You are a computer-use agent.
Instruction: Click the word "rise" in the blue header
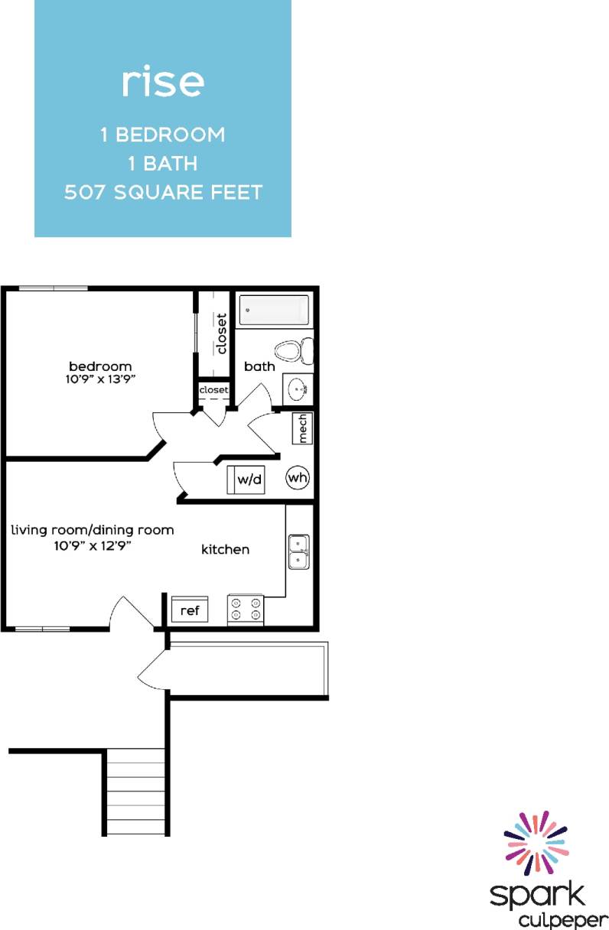tap(163, 82)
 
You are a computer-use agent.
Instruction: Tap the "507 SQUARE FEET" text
tap(163, 191)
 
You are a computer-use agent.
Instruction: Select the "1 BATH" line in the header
tap(163, 163)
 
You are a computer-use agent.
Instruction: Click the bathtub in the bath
tap(274, 311)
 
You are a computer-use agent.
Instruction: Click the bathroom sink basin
tap(297, 389)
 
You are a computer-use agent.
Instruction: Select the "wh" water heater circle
tap(298, 479)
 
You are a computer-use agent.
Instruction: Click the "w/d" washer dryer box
tap(246, 480)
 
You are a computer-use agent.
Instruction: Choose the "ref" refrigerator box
tap(189, 610)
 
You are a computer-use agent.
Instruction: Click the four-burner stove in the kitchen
tap(246, 609)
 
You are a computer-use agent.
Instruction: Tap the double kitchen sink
tap(298, 551)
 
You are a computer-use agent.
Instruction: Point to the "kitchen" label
tap(225, 549)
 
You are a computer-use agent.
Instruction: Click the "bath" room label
tap(259, 366)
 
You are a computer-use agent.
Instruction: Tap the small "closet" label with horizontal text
tap(213, 390)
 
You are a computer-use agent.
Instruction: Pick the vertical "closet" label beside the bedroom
tap(222, 333)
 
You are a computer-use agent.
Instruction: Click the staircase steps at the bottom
tap(135, 792)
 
